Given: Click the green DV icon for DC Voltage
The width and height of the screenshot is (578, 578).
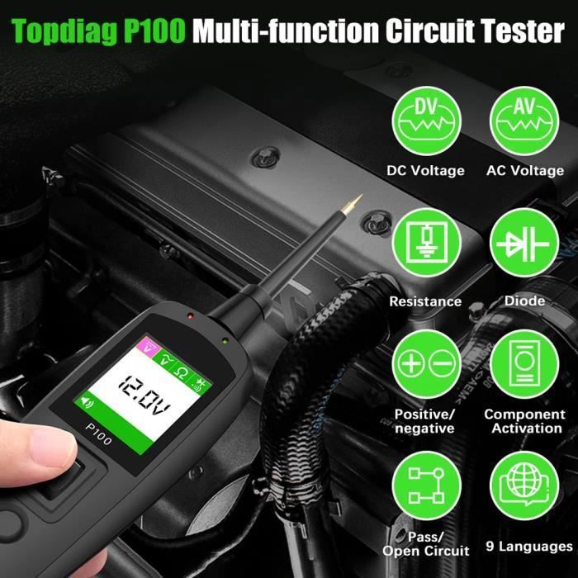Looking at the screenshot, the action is click(427, 121).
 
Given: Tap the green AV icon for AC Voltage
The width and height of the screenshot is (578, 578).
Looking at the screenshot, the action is click(524, 121).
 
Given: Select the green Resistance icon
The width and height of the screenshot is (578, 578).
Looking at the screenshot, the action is click(427, 243).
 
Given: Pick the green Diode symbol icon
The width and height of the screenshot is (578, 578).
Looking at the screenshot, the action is click(524, 243).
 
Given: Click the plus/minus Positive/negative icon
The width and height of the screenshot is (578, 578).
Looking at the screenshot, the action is click(427, 364).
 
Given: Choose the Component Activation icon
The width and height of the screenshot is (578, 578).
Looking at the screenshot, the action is click(524, 364).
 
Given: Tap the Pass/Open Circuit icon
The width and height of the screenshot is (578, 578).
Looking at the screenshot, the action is click(427, 486).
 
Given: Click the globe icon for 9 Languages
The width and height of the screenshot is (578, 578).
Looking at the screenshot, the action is click(524, 486).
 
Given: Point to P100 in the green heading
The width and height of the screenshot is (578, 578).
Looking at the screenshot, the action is click(154, 31).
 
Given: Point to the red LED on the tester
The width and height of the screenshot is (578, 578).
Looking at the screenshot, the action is click(190, 316).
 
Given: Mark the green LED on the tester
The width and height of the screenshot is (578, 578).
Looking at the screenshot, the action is click(225, 340).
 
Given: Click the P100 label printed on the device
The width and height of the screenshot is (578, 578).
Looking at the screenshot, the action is click(98, 433).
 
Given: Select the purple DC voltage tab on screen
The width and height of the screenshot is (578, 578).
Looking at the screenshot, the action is click(148, 346).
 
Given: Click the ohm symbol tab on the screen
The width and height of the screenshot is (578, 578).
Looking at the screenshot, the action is click(181, 372).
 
